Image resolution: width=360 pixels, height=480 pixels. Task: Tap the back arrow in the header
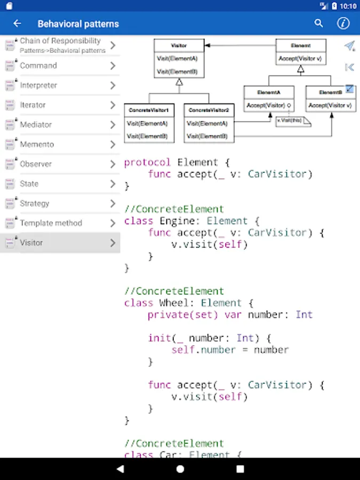click(17, 23)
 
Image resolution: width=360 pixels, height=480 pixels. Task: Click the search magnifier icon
click(319, 23)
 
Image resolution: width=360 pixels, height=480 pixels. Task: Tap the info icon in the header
click(343, 23)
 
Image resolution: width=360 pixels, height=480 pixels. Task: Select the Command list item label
click(38, 66)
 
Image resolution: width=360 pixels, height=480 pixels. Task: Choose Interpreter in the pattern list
click(38, 85)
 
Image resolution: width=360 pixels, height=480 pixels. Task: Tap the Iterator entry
click(33, 105)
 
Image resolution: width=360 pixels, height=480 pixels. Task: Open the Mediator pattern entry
click(36, 125)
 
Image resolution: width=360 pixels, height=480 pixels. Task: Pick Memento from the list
click(37, 145)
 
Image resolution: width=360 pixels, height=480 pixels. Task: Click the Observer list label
click(36, 164)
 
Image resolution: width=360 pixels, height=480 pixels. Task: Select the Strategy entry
click(35, 203)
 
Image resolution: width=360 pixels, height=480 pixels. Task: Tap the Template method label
click(51, 223)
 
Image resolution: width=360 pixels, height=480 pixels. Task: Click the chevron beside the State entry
click(113, 184)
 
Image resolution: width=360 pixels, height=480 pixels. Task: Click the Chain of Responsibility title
click(60, 41)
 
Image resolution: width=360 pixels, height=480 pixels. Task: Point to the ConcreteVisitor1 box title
click(149, 110)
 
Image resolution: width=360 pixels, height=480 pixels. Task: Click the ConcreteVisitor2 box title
click(209, 110)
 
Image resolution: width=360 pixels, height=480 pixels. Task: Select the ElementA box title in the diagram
click(268, 92)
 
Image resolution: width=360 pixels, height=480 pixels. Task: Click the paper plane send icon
click(349, 46)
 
